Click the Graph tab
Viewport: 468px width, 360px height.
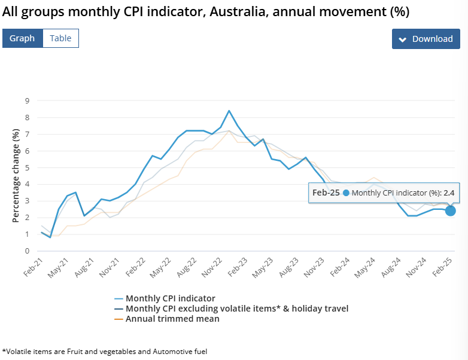click(x=22, y=38)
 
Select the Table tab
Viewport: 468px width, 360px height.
click(x=60, y=38)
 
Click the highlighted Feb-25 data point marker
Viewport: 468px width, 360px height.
click(x=450, y=210)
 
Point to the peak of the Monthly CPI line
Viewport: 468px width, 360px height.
click(x=229, y=111)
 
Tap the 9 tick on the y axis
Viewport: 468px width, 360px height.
click(x=27, y=100)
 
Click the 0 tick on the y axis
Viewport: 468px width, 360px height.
click(x=27, y=251)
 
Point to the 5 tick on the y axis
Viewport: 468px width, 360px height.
click(x=27, y=167)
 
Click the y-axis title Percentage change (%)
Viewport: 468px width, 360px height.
click(x=16, y=176)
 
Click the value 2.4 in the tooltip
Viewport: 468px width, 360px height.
click(x=449, y=193)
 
